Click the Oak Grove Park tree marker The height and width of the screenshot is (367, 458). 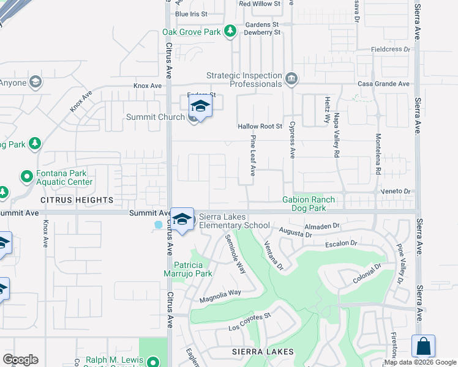(x=230, y=31)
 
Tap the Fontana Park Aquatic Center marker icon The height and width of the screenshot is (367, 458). (x=26, y=177)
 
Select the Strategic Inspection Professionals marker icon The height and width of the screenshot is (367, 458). (x=291, y=79)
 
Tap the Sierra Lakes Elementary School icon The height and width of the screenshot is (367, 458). (x=181, y=220)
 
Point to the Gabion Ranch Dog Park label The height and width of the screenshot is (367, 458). (x=309, y=204)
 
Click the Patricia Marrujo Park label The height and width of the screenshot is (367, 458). (x=193, y=269)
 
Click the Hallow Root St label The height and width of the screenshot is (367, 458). (x=260, y=127)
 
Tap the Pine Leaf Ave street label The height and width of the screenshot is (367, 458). (x=252, y=157)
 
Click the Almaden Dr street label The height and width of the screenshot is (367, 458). (x=321, y=226)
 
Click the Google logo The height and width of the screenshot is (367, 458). (x=20, y=360)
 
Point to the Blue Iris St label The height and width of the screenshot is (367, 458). (x=191, y=13)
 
